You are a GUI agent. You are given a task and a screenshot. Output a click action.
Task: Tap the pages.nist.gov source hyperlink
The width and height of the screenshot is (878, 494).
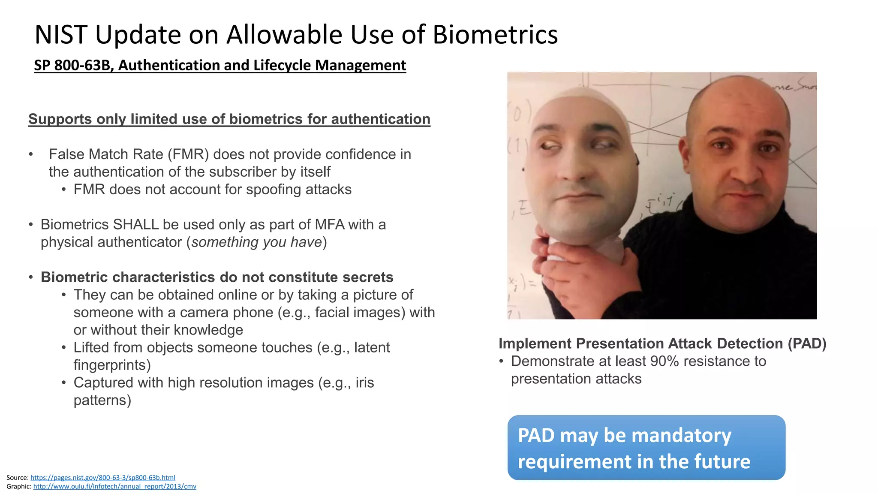[103, 477]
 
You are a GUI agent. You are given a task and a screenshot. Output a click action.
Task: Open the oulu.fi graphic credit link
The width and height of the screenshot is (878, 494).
[114, 486]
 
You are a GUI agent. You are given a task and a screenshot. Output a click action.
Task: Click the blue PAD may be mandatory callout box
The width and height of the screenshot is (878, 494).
[646, 448]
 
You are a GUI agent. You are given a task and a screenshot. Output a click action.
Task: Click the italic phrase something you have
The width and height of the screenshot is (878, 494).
[256, 242]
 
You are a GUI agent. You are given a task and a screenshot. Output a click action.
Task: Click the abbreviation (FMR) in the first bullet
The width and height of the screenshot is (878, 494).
[187, 154]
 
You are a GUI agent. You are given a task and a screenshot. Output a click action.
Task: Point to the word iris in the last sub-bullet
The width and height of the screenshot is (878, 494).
[364, 383]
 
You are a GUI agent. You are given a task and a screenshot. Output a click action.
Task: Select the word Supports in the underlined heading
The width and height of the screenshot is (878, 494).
[60, 119]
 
